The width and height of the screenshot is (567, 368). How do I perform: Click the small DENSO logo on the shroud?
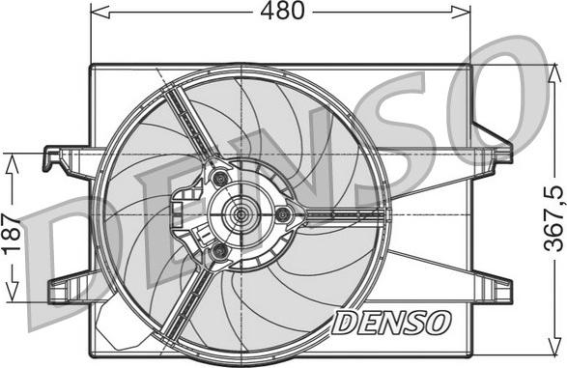pyautogui.click(x=390, y=322)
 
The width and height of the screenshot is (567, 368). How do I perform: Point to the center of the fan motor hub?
pyautogui.click(x=237, y=213)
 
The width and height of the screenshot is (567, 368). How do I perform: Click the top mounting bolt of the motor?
pyautogui.click(x=221, y=178)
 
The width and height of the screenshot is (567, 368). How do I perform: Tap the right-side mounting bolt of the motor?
pyautogui.click(x=282, y=214)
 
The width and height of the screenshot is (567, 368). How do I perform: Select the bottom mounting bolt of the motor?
pyautogui.click(x=220, y=251)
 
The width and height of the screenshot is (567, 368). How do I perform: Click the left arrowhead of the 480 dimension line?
pyautogui.click(x=97, y=13)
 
